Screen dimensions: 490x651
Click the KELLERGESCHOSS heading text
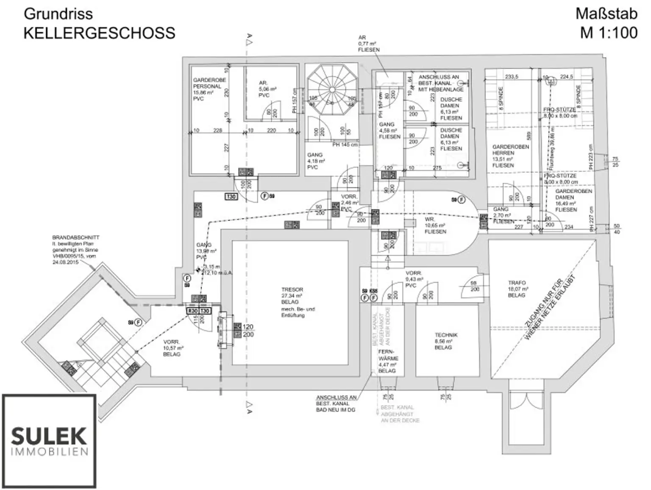(x=99, y=33)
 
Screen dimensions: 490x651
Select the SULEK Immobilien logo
(x=49, y=441)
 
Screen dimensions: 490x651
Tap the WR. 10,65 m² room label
(x=435, y=225)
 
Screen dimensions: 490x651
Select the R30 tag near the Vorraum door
(x=193, y=311)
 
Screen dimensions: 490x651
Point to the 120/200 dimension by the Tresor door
(x=248, y=330)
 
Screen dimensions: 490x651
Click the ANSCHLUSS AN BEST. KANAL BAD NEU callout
(x=336, y=403)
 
